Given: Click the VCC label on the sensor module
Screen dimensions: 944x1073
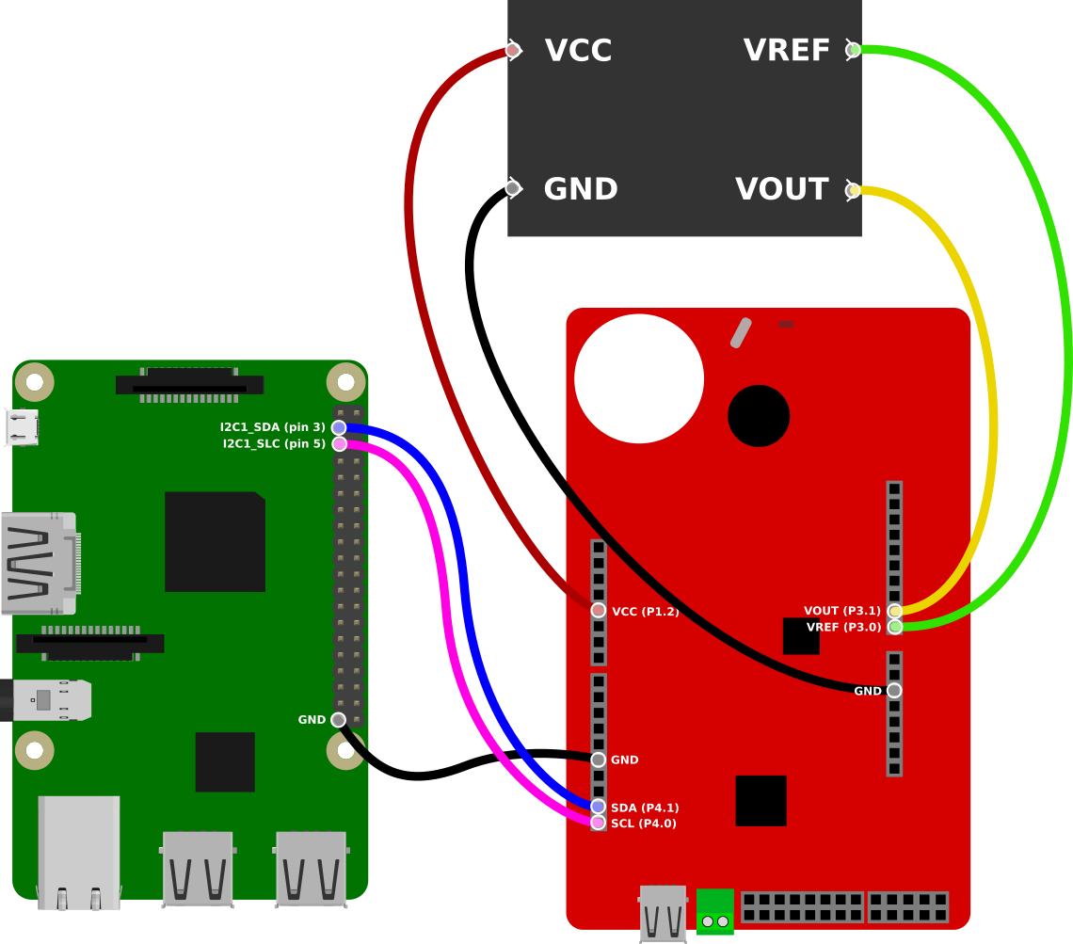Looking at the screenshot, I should click(x=578, y=51).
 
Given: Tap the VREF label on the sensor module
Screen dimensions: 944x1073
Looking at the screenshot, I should click(x=787, y=51).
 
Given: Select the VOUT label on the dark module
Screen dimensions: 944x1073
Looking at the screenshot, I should click(x=781, y=190).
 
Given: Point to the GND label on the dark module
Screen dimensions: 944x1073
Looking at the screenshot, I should click(x=580, y=190).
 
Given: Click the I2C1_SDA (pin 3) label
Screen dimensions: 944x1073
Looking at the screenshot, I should click(x=272, y=427).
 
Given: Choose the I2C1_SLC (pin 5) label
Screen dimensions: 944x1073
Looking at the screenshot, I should click(x=273, y=444).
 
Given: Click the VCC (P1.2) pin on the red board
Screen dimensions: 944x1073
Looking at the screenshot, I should click(x=599, y=611).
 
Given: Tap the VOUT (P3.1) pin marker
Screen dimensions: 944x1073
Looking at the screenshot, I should click(x=894, y=611).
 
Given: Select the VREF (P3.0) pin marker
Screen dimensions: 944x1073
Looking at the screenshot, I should click(x=894, y=627).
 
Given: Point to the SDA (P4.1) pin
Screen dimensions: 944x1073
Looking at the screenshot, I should click(x=599, y=807).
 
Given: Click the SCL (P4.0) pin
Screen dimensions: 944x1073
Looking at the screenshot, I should click(x=599, y=824).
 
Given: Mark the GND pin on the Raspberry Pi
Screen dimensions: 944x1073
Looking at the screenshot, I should click(x=338, y=720).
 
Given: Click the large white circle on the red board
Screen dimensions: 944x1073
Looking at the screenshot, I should click(x=639, y=378).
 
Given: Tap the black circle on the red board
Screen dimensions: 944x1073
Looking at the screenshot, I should click(x=759, y=416).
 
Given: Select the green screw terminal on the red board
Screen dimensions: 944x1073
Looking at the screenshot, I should click(x=715, y=912).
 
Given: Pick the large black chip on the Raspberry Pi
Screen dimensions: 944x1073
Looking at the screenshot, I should click(x=215, y=541).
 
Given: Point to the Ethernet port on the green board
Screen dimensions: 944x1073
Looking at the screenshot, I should click(x=79, y=852).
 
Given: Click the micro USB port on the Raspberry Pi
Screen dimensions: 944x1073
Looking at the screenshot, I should click(x=22, y=427).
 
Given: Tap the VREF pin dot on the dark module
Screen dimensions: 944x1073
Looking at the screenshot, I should click(x=853, y=50).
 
